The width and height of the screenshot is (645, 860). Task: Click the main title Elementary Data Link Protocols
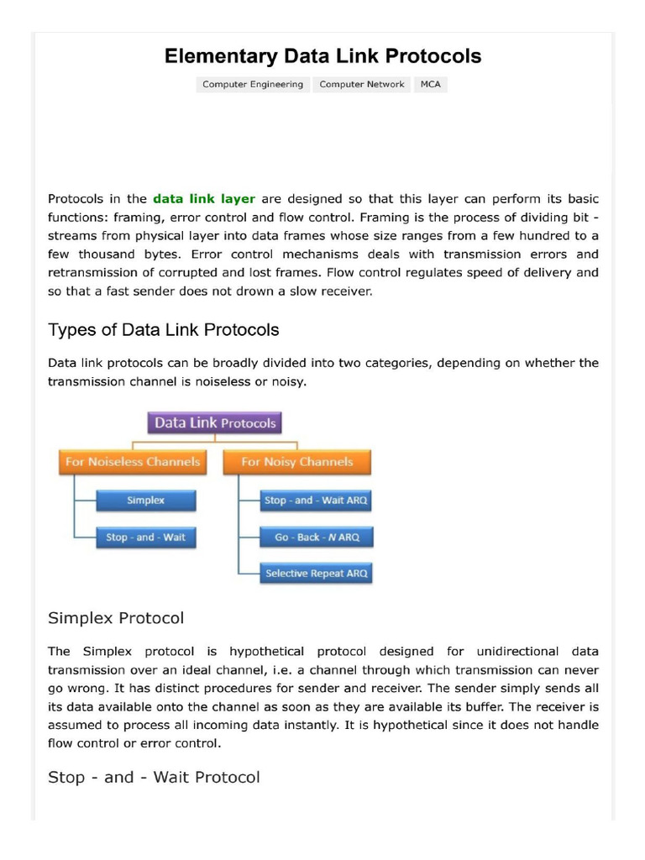[322, 56]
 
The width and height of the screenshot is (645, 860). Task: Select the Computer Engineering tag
[253, 84]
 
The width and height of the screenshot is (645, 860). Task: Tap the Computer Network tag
[362, 84]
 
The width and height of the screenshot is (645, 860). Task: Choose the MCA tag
[430, 84]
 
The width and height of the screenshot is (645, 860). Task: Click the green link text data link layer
[204, 199]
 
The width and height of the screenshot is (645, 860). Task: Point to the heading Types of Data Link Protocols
[164, 329]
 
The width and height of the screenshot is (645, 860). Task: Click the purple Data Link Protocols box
[215, 423]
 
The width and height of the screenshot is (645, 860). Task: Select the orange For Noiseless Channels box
[132, 462]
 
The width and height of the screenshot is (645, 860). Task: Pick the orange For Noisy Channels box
[297, 462]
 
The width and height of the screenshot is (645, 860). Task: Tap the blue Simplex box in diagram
[146, 501]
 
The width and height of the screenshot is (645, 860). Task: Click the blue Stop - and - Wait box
[146, 537]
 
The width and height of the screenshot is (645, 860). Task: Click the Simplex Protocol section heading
[116, 618]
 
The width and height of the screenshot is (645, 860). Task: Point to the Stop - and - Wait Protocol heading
[154, 777]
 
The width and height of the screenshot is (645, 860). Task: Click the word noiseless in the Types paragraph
[238, 381]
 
